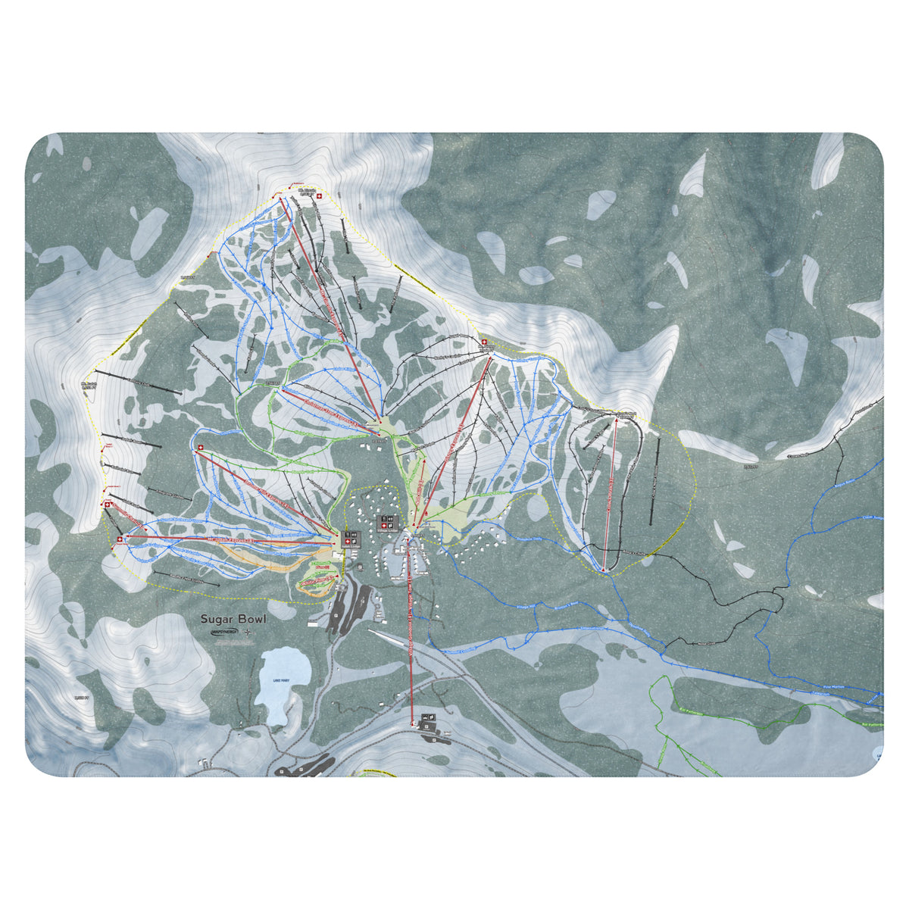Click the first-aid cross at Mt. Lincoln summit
(319, 196)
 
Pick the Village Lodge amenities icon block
(387, 523)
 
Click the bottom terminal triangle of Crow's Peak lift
(603, 569)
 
